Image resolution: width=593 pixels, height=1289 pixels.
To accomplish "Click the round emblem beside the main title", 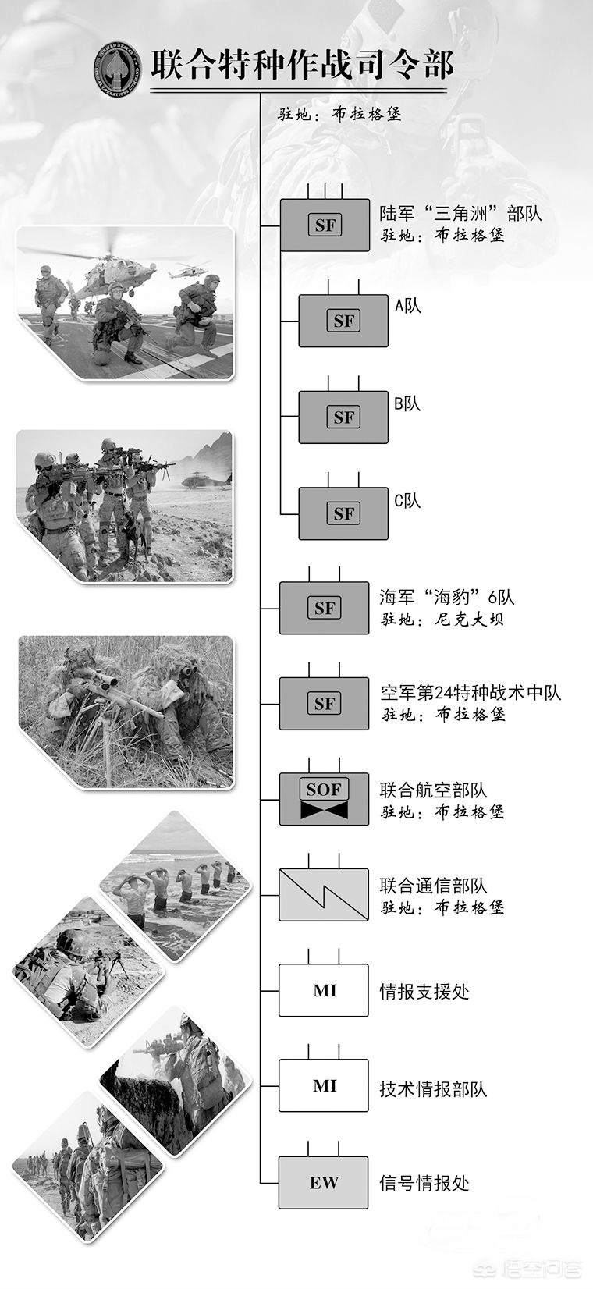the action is pyautogui.click(x=117, y=67).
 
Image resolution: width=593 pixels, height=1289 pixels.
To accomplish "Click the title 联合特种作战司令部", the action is pyautogui.click(x=303, y=65).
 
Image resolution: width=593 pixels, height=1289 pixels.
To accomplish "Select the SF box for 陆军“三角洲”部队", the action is pyautogui.click(x=325, y=225).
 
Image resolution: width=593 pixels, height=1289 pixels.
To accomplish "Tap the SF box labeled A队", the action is pyautogui.click(x=343, y=321).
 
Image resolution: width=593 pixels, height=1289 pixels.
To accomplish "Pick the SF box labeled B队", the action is pyautogui.click(x=343, y=417).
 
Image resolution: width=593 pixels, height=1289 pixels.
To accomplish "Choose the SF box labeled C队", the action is pyautogui.click(x=343, y=513).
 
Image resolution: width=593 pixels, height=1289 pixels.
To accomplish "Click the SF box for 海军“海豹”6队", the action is pyautogui.click(x=325, y=608).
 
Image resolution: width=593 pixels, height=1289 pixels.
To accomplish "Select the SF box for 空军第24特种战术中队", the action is pyautogui.click(x=325, y=703).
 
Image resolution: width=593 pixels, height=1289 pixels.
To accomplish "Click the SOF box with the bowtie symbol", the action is pyautogui.click(x=325, y=799).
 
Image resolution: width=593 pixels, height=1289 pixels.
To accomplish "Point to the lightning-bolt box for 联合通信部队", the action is pyautogui.click(x=324, y=895).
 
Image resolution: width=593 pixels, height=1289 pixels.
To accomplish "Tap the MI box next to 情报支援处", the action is pyautogui.click(x=324, y=990).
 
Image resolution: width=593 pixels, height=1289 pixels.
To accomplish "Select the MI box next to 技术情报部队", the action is pyautogui.click(x=324, y=1085).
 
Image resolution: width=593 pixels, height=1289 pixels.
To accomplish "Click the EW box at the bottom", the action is pyautogui.click(x=324, y=1182).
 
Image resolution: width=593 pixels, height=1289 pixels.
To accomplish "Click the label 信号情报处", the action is pyautogui.click(x=424, y=1183).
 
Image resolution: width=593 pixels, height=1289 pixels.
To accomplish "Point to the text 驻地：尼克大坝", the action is pyautogui.click(x=442, y=620).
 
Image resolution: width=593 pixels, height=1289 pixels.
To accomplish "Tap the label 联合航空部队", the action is pyautogui.click(x=433, y=790).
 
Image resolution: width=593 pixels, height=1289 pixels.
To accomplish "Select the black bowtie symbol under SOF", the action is pyautogui.click(x=324, y=810).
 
